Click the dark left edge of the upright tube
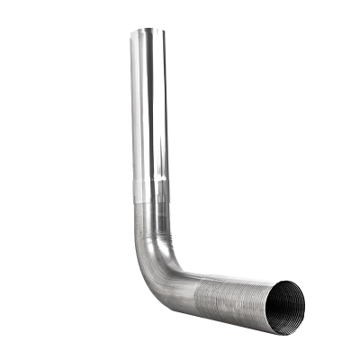[x=132, y=108]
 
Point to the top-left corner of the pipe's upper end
[x=131, y=31]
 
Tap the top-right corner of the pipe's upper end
[x=168, y=31]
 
